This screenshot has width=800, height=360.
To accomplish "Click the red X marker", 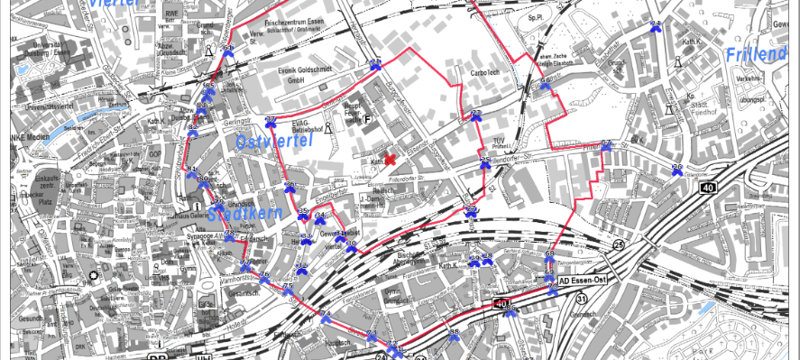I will [x=391, y=160].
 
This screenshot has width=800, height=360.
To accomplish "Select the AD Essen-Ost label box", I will [x=586, y=281].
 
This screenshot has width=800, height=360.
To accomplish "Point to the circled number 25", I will [x=618, y=245].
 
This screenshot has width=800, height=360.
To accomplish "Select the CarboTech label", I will [x=484, y=71].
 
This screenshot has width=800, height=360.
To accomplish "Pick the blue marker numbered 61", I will [x=191, y=171].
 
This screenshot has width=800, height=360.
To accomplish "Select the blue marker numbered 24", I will [x=656, y=25].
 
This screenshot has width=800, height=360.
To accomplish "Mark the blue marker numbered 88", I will [x=510, y=312].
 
